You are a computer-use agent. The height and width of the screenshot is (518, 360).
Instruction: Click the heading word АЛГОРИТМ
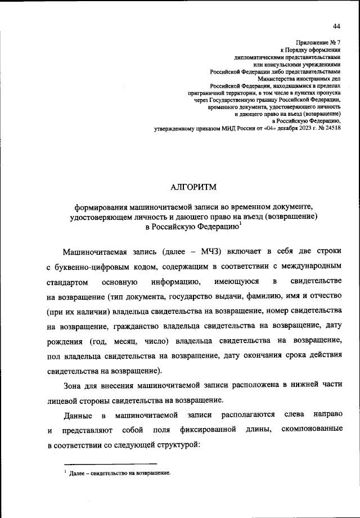coord(193,187)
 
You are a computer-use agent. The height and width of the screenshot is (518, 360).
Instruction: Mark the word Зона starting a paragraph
coord(73,385)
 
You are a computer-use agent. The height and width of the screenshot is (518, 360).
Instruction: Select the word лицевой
coord(63,400)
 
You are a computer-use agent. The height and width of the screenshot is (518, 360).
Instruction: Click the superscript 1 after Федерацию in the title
coord(240,224)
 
